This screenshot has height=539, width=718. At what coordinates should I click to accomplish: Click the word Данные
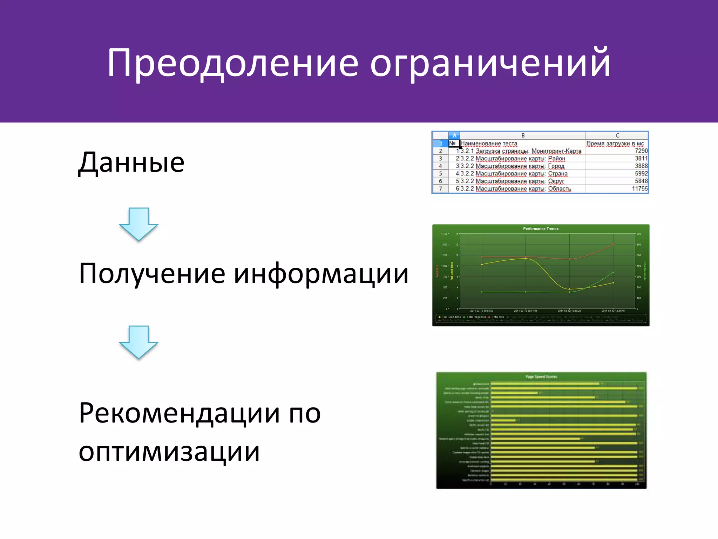(131, 163)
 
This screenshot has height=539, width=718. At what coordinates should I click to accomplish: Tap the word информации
(321, 274)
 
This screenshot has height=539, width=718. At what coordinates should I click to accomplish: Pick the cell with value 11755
(639, 189)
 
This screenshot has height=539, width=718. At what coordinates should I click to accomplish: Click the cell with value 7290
(641, 151)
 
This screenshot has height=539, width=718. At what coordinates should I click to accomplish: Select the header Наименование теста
(489, 144)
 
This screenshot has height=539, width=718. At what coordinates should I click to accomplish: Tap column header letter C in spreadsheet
(617, 135)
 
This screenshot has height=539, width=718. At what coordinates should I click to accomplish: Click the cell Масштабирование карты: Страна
(514, 174)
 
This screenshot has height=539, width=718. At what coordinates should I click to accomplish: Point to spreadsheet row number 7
(440, 189)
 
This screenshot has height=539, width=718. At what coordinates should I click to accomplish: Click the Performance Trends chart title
(541, 229)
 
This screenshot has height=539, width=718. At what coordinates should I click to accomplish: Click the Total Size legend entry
(497, 317)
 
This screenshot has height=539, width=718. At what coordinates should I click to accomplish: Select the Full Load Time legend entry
(451, 317)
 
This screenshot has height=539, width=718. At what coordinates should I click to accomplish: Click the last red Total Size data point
(613, 244)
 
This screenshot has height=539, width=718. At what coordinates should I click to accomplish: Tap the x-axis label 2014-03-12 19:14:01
(525, 311)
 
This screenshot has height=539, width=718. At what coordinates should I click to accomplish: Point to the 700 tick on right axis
(639, 234)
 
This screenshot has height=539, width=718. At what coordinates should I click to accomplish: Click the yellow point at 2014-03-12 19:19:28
(569, 289)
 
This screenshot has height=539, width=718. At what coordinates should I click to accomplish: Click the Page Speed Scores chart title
(541, 377)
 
